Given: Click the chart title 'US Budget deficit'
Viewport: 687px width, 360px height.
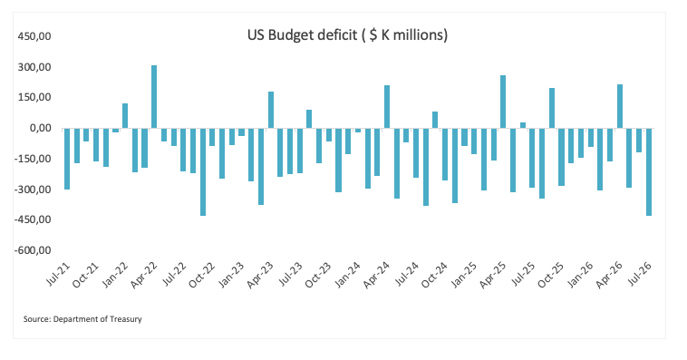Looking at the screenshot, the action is click(x=303, y=34).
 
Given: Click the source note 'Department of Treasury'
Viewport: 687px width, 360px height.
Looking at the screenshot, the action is click(x=97, y=319).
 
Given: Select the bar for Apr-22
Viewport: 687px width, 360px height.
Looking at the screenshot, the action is click(x=154, y=97).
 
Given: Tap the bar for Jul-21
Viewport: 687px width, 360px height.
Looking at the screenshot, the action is click(x=67, y=159).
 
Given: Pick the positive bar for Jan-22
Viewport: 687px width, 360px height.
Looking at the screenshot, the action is click(x=125, y=116).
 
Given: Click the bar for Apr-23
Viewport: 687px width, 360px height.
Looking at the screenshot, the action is click(x=271, y=110).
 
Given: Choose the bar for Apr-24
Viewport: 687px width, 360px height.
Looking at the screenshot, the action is click(x=387, y=107).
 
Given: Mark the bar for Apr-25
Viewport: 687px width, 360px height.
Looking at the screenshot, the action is click(x=503, y=102).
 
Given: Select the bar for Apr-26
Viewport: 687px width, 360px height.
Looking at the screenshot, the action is click(x=620, y=106).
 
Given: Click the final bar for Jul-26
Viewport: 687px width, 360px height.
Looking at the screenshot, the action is click(x=649, y=172).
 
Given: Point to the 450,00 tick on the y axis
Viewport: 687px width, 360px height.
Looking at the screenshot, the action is click(x=34, y=36).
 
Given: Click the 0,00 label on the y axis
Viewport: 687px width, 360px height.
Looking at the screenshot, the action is click(x=40, y=129).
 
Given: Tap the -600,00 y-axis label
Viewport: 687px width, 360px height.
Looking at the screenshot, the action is click(x=33, y=250).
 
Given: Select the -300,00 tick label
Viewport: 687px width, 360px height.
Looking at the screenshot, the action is click(x=33, y=190).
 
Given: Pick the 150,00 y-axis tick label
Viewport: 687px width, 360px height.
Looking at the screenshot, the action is click(x=34, y=97).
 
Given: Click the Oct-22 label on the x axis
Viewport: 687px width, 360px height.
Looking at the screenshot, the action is click(x=202, y=276).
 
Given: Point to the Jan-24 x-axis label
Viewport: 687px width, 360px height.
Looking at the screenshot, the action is click(x=347, y=276).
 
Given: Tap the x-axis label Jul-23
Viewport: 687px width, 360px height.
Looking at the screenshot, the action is click(x=291, y=275).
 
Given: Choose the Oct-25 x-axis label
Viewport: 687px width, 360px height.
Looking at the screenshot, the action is click(x=551, y=276).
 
